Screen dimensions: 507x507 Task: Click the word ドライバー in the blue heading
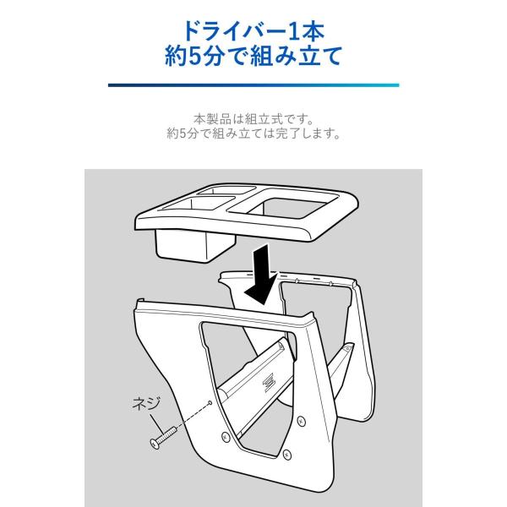coord(234,31)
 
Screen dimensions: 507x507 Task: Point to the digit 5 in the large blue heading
coord(195,56)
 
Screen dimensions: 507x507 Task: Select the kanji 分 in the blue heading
coord(214,56)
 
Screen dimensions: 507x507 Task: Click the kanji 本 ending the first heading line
coord(313,31)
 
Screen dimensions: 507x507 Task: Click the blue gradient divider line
coord(253,85)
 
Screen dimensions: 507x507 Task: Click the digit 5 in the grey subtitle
coord(183,134)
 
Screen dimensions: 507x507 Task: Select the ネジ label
coord(146,404)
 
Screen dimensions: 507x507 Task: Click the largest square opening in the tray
coord(294,207)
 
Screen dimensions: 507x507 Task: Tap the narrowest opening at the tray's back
coord(226,190)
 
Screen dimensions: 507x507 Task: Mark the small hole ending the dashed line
coord(210,402)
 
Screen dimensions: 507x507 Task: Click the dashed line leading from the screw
coord(192,416)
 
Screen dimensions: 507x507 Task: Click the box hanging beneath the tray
coord(194,245)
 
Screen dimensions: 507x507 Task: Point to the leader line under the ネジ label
coord(157,423)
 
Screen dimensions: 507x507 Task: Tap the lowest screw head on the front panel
coord(286,455)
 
